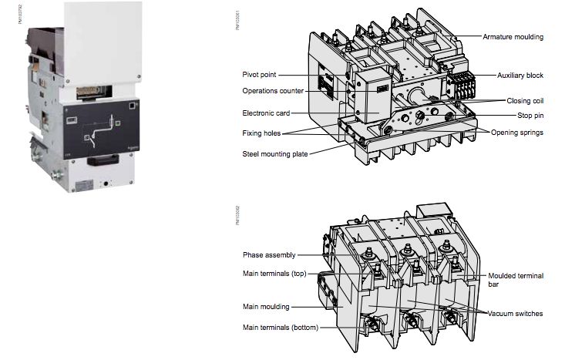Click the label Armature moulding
[x=513, y=37]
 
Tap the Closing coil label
[x=525, y=100]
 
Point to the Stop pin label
[x=531, y=115]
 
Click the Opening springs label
[x=517, y=132]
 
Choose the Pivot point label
[x=259, y=75]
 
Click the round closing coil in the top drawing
[x=420, y=100]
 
